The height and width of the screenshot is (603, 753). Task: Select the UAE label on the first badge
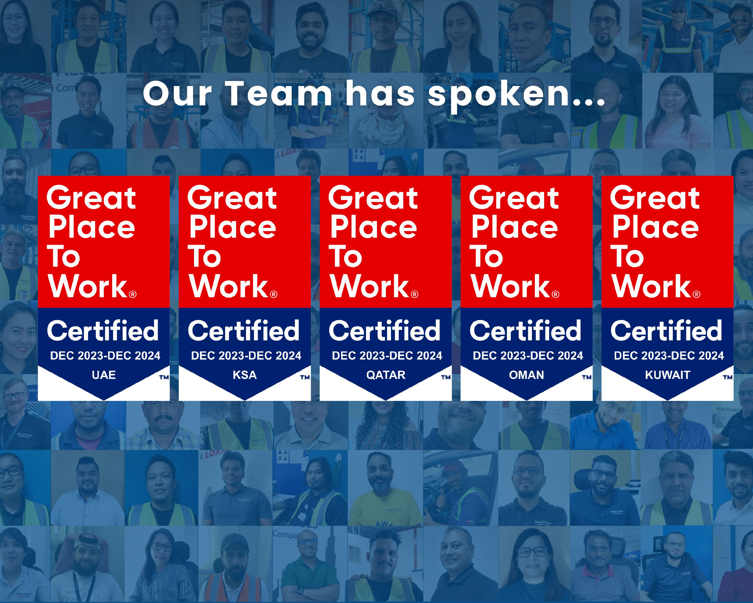click(104, 375)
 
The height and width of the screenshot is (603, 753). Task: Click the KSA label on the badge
click(245, 375)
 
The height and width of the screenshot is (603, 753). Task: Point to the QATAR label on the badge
click(386, 375)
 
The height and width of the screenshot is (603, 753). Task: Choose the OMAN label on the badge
click(527, 375)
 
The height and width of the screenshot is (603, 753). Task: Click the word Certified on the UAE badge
click(103, 330)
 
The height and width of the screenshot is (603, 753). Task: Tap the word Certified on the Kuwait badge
click(666, 330)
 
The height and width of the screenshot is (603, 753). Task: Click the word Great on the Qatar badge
click(373, 198)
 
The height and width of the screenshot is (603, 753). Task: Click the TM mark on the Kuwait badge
click(728, 377)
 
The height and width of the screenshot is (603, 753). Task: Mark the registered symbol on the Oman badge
click(555, 294)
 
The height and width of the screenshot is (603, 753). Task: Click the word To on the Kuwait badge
click(627, 256)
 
